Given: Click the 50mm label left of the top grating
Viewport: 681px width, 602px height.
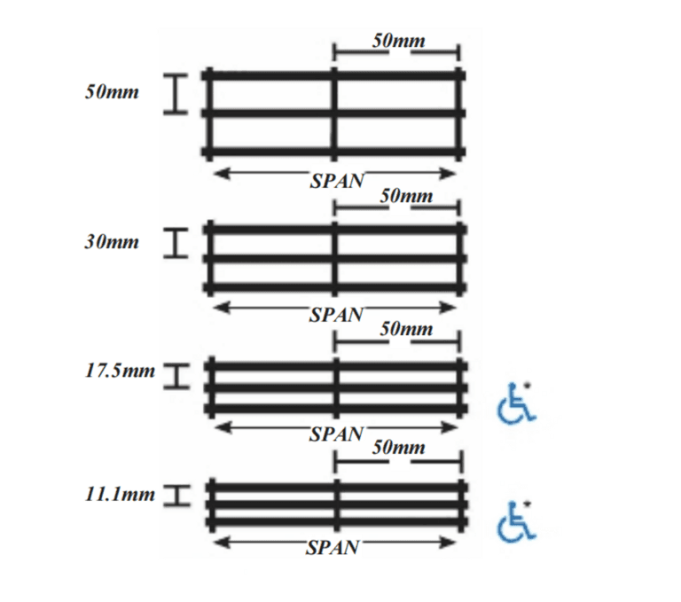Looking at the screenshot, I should pos(112,93).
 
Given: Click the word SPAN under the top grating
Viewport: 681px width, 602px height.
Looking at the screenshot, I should pos(337,181).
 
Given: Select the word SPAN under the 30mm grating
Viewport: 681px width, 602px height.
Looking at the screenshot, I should pos(337,314).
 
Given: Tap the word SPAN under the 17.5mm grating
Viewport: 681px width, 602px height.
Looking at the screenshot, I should pos(337,434).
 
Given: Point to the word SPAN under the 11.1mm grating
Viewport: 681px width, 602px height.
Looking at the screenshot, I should pos(333,548).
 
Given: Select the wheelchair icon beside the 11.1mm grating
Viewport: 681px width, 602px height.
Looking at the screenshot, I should pos(516,521).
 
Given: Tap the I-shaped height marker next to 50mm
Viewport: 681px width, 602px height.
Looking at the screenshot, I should pos(177,94).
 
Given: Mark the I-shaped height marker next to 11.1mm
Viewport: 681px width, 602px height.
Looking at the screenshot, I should pos(177,496).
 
